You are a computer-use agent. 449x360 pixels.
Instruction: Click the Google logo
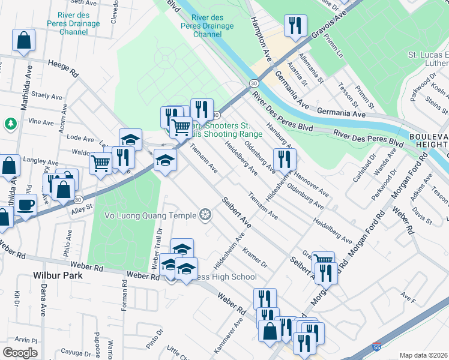point(19,353)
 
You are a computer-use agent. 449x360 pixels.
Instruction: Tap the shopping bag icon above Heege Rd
point(23,40)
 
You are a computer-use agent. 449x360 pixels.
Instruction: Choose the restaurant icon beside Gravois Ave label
point(295,26)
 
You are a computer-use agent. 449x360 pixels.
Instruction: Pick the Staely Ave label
point(47,95)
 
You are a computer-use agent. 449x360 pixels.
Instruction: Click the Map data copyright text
point(424,355)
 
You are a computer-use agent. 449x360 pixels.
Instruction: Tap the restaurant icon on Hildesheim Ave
point(283,159)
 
